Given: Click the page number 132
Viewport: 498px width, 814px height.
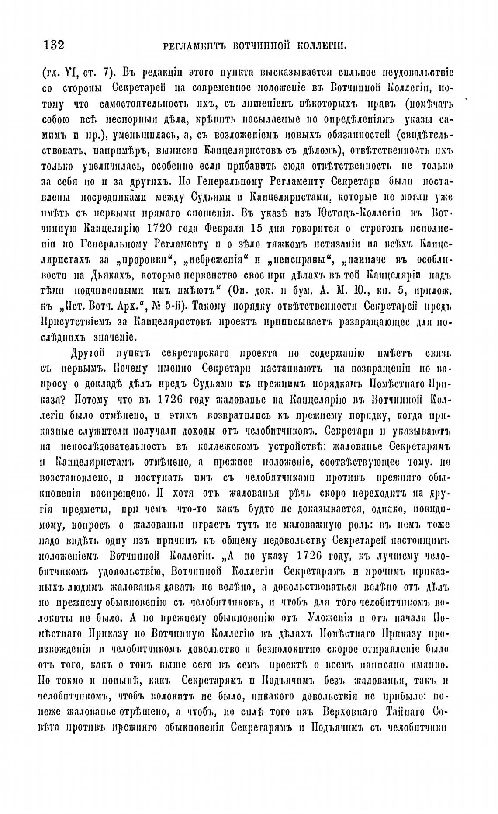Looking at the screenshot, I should [54, 45].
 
